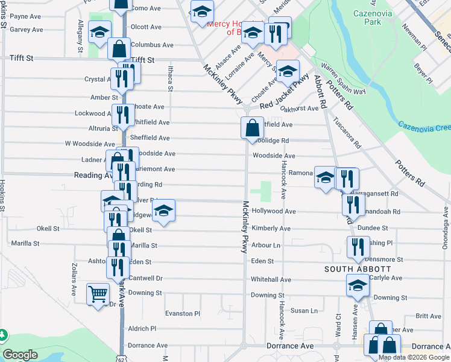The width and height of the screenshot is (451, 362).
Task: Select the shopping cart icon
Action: [x=98, y=294]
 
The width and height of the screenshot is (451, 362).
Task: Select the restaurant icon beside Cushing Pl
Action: [x=358, y=247]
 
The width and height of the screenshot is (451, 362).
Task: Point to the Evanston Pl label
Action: [x=182, y=314]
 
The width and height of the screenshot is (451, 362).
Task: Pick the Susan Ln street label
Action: [x=304, y=311]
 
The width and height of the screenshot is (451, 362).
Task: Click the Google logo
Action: [x=20, y=355]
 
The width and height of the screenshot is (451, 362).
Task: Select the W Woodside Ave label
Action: [x=90, y=144]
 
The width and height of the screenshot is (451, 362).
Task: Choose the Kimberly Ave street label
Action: [x=271, y=229]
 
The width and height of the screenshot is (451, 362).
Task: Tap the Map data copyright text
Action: [x=414, y=357]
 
